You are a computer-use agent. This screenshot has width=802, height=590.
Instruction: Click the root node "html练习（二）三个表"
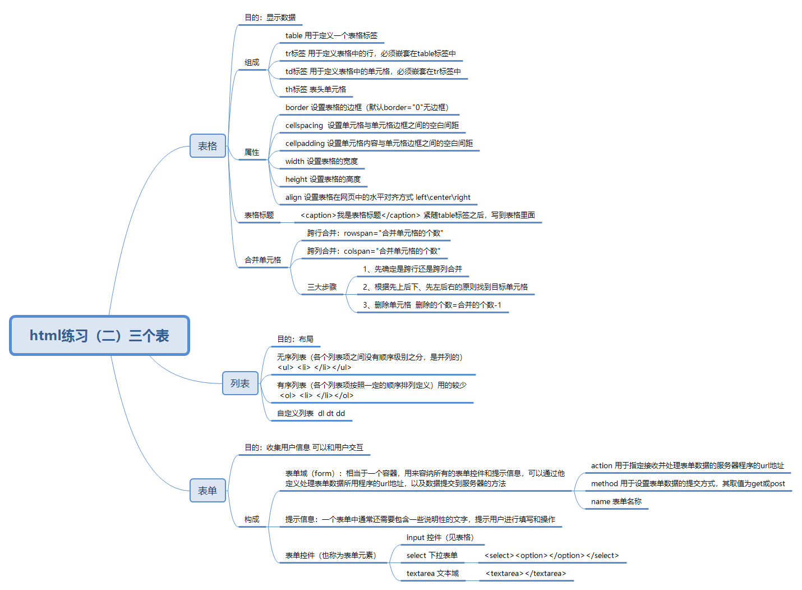pyautogui.click(x=99, y=336)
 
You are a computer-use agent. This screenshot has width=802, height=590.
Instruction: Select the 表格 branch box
pyautogui.click(x=208, y=146)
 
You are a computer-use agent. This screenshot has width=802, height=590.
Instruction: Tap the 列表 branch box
pyautogui.click(x=240, y=383)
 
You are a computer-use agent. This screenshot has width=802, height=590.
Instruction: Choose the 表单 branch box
pyautogui.click(x=208, y=491)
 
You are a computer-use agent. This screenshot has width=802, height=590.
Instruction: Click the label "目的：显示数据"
pyautogui.click(x=270, y=17)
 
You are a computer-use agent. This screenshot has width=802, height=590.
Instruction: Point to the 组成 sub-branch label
pyautogui.click(x=252, y=62)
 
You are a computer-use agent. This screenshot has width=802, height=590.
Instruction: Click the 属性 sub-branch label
pyautogui.click(x=252, y=152)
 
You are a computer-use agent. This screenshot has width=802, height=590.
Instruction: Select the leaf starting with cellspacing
pyautogui.click(x=372, y=125)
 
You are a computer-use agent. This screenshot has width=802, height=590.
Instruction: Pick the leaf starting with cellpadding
pyautogui.click(x=379, y=143)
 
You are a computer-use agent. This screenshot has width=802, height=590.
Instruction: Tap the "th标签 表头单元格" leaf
pyautogui.click(x=316, y=89)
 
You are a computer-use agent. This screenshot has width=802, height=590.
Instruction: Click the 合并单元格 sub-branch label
pyautogui.click(x=262, y=260)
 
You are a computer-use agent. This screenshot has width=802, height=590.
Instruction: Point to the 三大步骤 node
pyautogui.click(x=322, y=287)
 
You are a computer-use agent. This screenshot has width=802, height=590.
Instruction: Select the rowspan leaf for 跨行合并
pyautogui.click(x=375, y=233)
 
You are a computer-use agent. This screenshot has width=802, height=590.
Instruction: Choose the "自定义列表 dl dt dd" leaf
pyautogui.click(x=311, y=413)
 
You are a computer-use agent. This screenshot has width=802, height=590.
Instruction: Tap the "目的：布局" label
pyautogui.click(x=295, y=339)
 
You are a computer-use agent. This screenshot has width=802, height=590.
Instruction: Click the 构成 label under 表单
pyautogui.click(x=252, y=519)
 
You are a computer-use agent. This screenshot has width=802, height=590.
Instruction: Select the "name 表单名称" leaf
pyautogui.click(x=616, y=501)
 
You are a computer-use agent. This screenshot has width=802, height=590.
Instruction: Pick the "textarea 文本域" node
pyautogui.click(x=432, y=573)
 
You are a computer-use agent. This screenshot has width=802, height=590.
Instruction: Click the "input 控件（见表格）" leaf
pyautogui.click(x=440, y=537)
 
